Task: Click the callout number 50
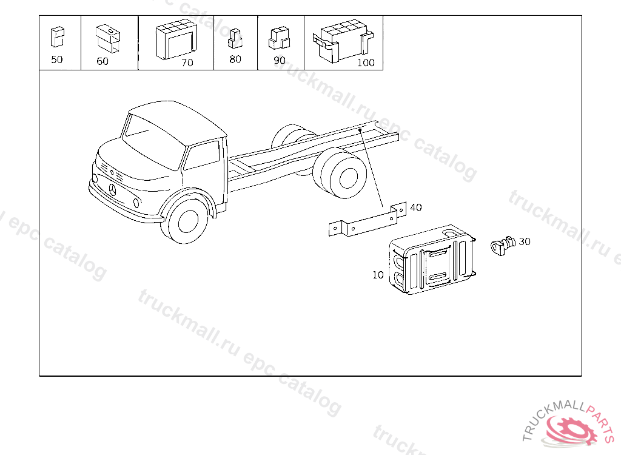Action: [x=57, y=59]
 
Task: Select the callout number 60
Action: [x=102, y=61]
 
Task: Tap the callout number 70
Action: [x=187, y=62]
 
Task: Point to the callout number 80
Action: [x=235, y=59]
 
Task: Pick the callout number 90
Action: [x=280, y=60]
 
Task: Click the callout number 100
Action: [x=366, y=62]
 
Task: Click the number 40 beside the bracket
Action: [x=416, y=207]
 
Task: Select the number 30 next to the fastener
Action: [x=525, y=241]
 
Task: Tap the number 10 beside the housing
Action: [x=378, y=275]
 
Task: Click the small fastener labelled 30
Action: [x=503, y=245]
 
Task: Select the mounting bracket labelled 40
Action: [x=368, y=221]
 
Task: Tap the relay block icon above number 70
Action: [x=176, y=39]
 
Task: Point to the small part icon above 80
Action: [x=235, y=38]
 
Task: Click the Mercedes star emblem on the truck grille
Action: [x=112, y=189]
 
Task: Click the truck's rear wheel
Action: [x=343, y=174]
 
